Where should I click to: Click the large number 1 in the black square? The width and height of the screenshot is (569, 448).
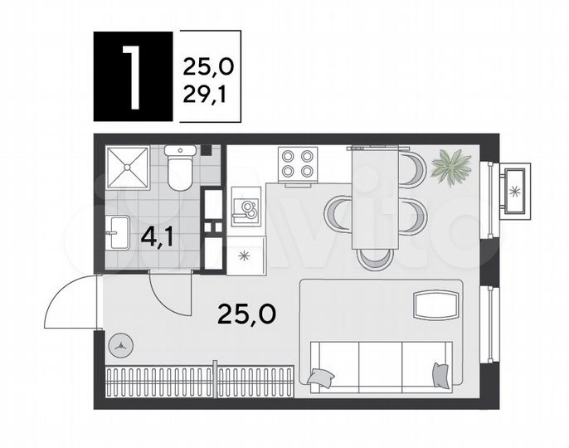pos(133,77)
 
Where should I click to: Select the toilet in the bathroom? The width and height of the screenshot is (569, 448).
pos(179,168)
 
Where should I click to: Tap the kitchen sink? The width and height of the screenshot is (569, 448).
pos(246,210)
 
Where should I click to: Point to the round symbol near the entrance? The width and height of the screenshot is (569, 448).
pos(123,342)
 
